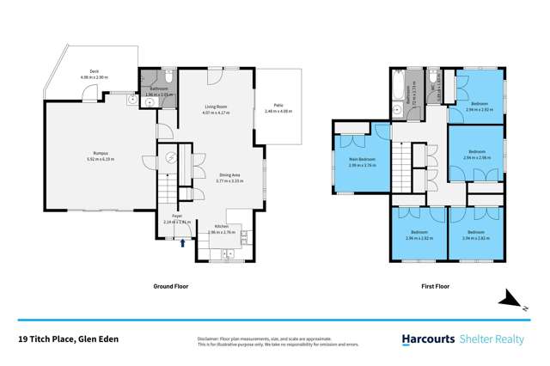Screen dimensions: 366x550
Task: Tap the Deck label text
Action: click(95, 72)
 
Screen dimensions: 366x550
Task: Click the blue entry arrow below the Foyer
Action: click(180, 242)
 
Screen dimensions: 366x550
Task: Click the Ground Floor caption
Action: click(170, 286)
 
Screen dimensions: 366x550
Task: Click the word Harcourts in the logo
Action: click(426, 340)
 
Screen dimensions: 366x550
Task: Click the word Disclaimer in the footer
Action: click(212, 338)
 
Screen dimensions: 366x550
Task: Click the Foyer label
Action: click(176, 217)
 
